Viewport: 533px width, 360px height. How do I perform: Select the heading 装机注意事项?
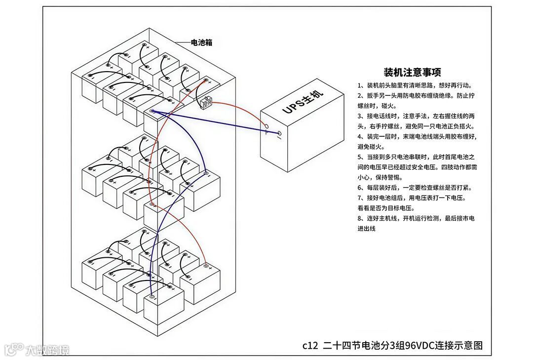click(x=412, y=73)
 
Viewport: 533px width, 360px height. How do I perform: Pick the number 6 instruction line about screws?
click(x=415, y=188)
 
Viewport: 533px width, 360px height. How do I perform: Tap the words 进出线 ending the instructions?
click(x=367, y=229)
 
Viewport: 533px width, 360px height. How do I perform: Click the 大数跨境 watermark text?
click(x=48, y=350)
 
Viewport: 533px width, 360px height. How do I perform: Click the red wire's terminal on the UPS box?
click(x=265, y=126)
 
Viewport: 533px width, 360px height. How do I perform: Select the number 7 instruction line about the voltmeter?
click(x=412, y=198)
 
